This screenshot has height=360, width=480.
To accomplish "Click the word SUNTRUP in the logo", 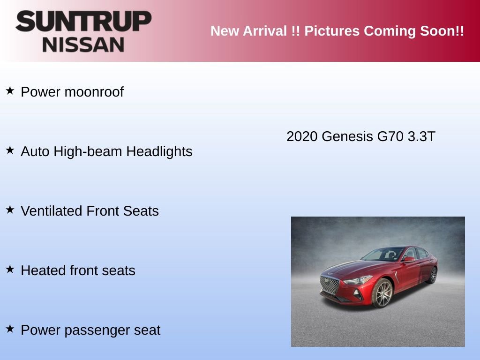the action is (x=83, y=21).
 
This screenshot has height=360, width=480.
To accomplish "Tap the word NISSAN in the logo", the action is (x=83, y=45).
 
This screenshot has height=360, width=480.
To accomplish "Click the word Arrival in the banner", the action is (x=265, y=31).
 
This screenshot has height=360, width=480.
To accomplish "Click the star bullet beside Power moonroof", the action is (x=10, y=90).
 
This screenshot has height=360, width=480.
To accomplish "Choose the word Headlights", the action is (x=159, y=151).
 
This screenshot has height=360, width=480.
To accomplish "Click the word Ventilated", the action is (x=52, y=211).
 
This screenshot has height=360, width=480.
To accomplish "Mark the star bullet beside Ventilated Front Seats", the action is (x=10, y=210).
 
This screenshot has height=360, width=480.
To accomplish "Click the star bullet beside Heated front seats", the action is (x=10, y=269).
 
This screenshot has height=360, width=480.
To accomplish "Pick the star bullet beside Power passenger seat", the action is (x=10, y=329).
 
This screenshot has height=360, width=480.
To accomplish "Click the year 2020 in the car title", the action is (x=302, y=136).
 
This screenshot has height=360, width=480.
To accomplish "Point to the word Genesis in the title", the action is (x=347, y=136).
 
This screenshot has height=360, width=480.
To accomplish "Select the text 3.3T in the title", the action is (x=421, y=136).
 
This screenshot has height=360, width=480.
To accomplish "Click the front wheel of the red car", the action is (x=382, y=293).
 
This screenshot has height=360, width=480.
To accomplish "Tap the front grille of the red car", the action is (x=330, y=285).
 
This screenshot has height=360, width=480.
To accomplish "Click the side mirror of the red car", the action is (x=409, y=260).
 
